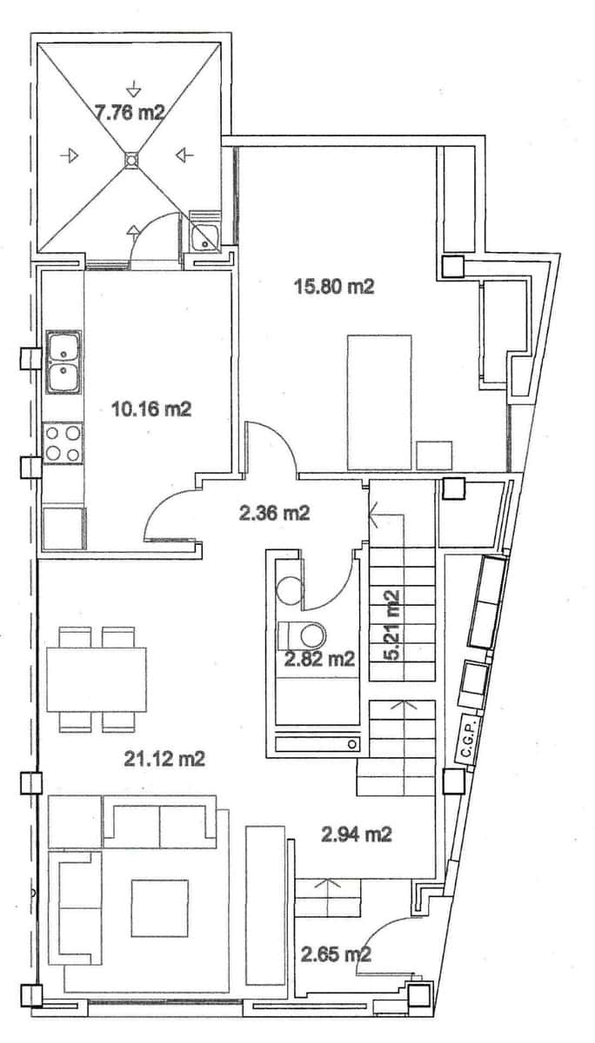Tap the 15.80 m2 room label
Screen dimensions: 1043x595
coord(335,286)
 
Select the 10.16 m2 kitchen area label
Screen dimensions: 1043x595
coord(151,408)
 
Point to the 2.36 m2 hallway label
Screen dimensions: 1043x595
coord(274,513)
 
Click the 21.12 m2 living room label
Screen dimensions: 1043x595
coord(165,759)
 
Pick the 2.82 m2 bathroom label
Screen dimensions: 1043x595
coord(319,659)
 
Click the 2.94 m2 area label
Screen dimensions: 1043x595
coord(357,835)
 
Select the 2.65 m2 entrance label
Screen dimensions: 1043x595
coord(337,955)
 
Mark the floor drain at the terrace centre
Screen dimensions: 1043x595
coord(130,159)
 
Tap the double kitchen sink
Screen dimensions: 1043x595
coord(63,362)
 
